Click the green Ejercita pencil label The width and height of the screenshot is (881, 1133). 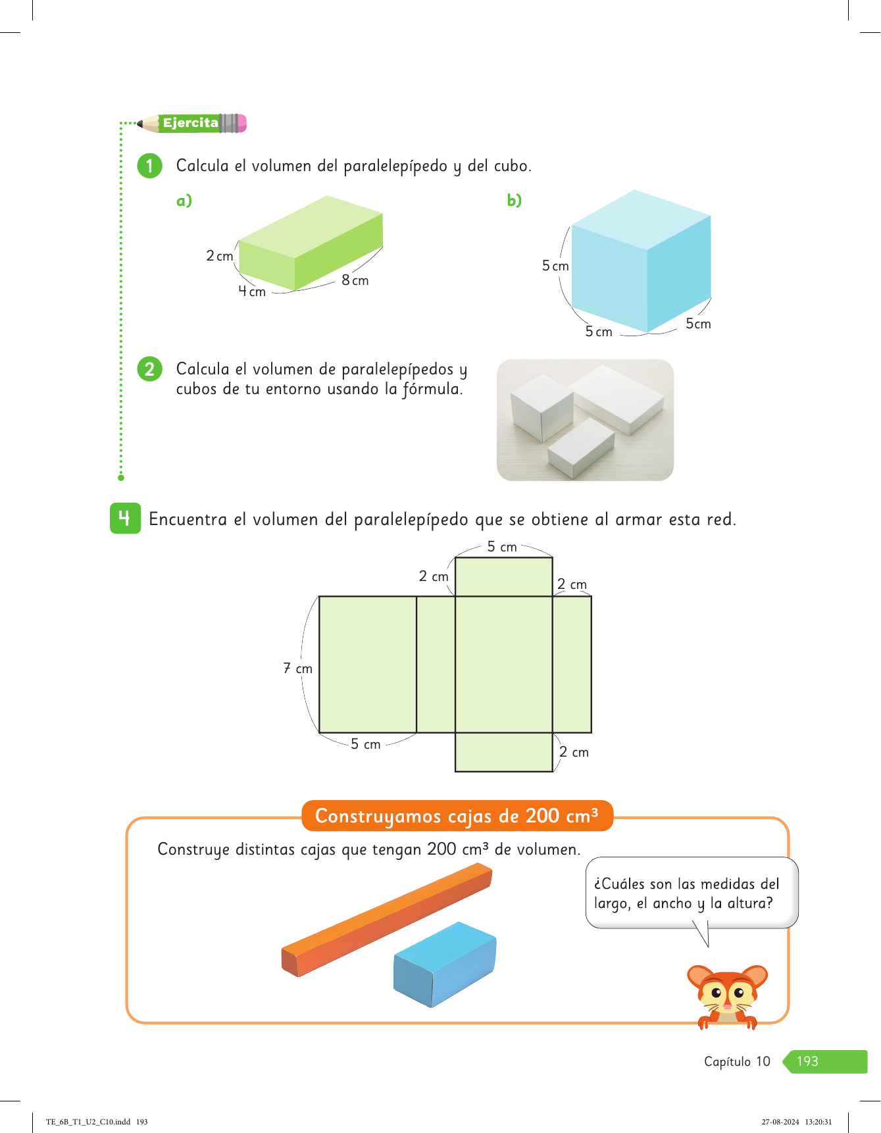click(x=191, y=123)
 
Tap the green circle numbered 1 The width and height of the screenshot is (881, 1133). click(x=149, y=166)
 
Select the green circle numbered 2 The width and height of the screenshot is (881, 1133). click(x=149, y=369)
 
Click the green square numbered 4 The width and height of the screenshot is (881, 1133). click(x=125, y=518)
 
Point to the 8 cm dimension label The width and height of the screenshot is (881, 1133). click(x=355, y=280)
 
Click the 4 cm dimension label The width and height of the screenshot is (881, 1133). click(x=252, y=291)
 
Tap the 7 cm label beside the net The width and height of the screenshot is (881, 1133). click(x=298, y=668)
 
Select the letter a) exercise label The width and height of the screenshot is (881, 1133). click(x=184, y=201)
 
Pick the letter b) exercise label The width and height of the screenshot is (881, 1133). click(x=515, y=201)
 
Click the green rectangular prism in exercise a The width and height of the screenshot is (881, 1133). click(x=311, y=243)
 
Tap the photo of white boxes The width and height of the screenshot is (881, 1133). click(x=585, y=420)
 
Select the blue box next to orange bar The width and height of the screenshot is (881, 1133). click(x=445, y=965)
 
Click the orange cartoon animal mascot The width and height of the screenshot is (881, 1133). click(x=727, y=995)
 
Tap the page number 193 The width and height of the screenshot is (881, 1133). click(x=807, y=1061)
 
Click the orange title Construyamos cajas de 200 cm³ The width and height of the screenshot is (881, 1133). click(x=457, y=816)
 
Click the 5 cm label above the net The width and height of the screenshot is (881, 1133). click(x=502, y=547)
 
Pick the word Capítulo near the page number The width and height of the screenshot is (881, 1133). click(x=728, y=1061)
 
